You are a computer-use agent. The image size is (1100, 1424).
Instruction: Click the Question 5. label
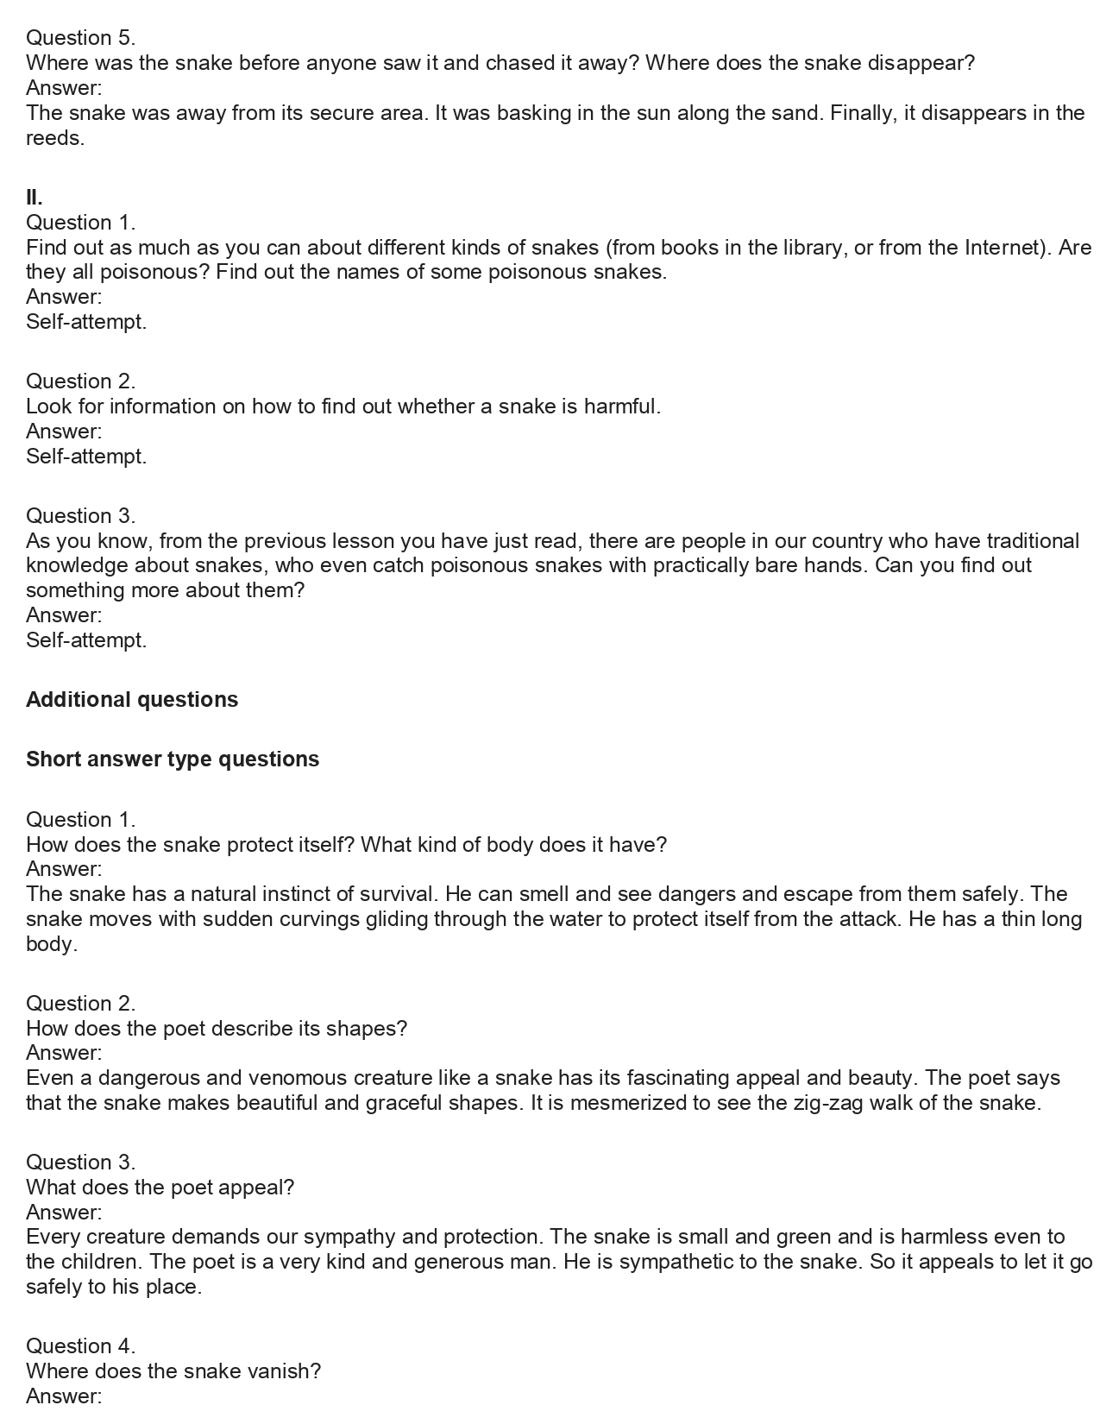(x=80, y=37)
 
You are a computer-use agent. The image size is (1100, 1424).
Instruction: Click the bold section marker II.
(x=35, y=198)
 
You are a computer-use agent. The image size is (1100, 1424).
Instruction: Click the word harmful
(x=622, y=406)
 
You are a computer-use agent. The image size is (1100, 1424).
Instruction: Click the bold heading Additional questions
(x=132, y=699)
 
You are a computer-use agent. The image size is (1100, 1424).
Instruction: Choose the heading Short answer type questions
(x=173, y=759)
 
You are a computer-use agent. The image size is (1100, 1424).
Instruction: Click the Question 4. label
(x=80, y=1345)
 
